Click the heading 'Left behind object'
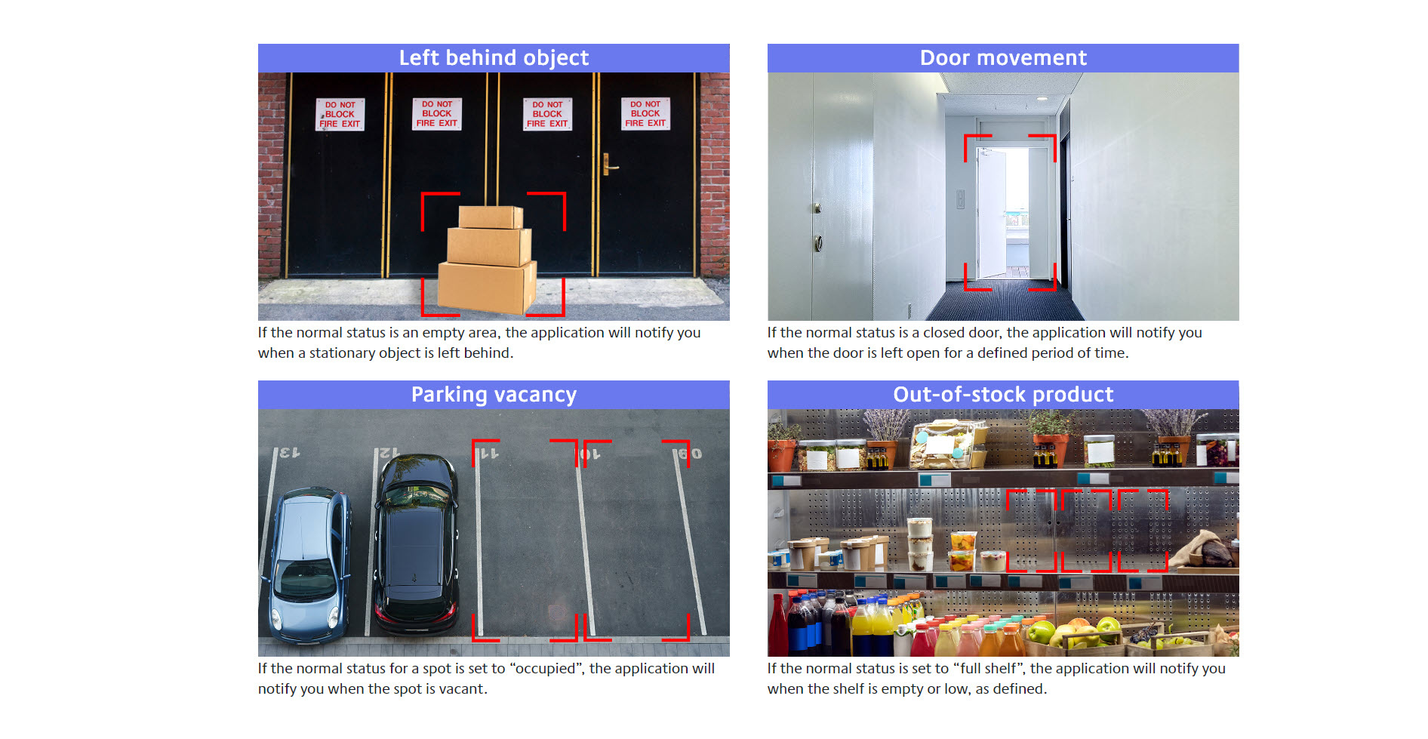coord(494,58)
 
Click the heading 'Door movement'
coord(1003,58)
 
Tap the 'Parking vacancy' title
coord(494,395)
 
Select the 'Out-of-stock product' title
coord(1003,395)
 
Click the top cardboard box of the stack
coord(491,217)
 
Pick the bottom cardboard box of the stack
coord(487,287)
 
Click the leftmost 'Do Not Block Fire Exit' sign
coord(340,115)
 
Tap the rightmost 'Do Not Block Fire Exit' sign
coord(645,114)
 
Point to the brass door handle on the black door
coord(608,165)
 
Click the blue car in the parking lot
coord(306,565)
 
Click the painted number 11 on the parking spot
coord(489,454)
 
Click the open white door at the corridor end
coord(992,213)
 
